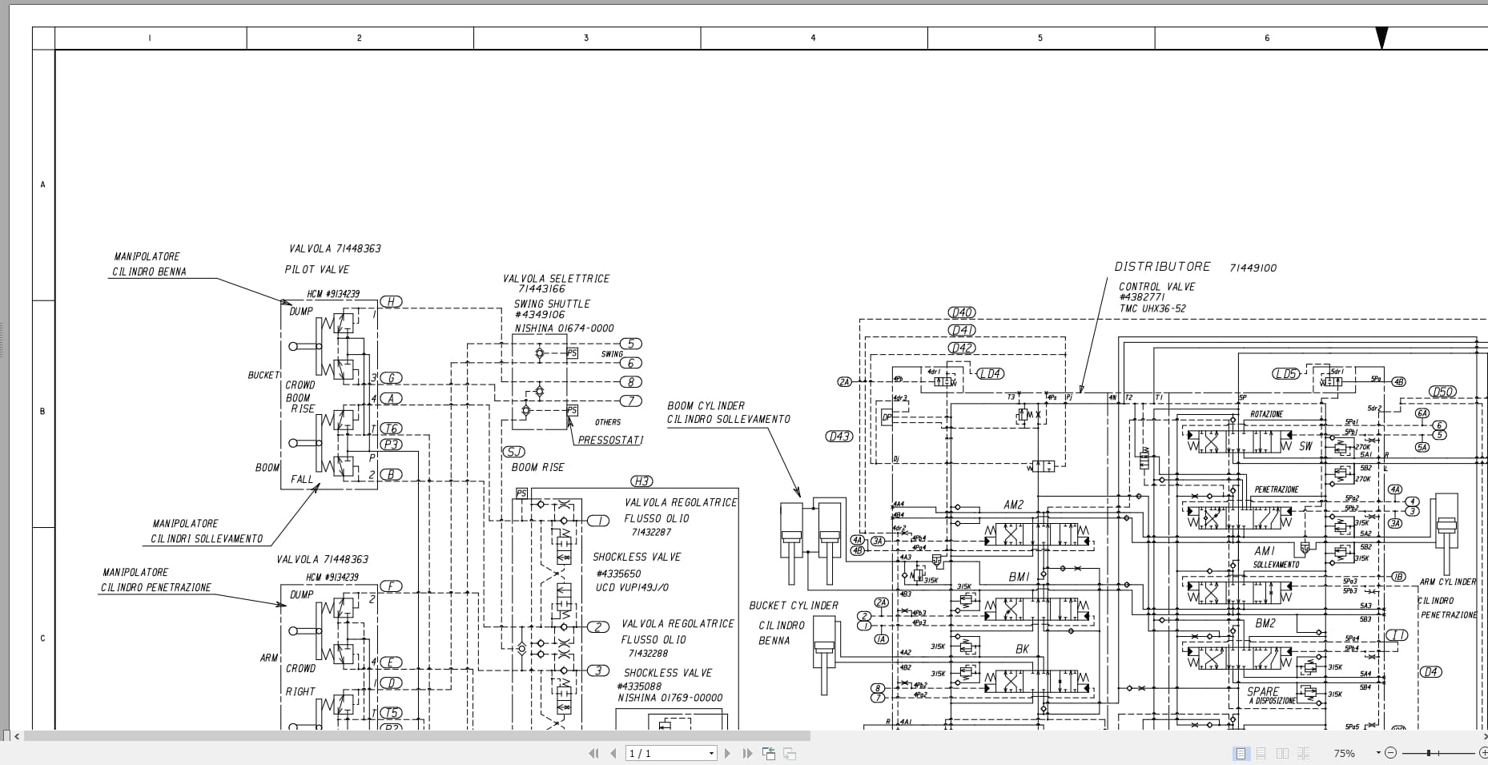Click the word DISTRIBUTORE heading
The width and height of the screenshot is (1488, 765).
click(1162, 267)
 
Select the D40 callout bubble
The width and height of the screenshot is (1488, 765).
click(961, 312)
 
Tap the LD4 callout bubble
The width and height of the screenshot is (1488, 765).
click(991, 374)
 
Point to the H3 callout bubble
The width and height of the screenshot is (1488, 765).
click(641, 481)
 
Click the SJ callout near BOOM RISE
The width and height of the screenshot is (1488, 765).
click(513, 452)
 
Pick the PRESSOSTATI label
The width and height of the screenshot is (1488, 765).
click(610, 440)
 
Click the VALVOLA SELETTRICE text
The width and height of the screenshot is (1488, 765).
click(556, 279)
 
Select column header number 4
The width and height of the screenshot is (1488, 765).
click(813, 38)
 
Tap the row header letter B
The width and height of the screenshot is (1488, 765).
click(43, 412)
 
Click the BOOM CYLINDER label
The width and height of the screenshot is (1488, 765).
click(706, 406)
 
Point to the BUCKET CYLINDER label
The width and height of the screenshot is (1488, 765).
click(794, 606)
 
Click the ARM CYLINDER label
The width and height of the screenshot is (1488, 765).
click(1447, 582)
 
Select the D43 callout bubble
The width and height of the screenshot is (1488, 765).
click(839, 437)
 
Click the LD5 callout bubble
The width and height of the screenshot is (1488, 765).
click(1285, 374)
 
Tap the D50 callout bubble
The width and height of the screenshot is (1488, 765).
click(1442, 392)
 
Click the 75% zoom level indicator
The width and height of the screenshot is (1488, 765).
click(1344, 753)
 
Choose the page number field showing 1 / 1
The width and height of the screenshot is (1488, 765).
click(671, 753)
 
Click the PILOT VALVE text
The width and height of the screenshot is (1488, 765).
click(317, 269)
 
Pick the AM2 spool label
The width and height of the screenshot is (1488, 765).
click(1013, 505)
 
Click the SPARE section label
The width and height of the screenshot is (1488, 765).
click(1263, 691)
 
